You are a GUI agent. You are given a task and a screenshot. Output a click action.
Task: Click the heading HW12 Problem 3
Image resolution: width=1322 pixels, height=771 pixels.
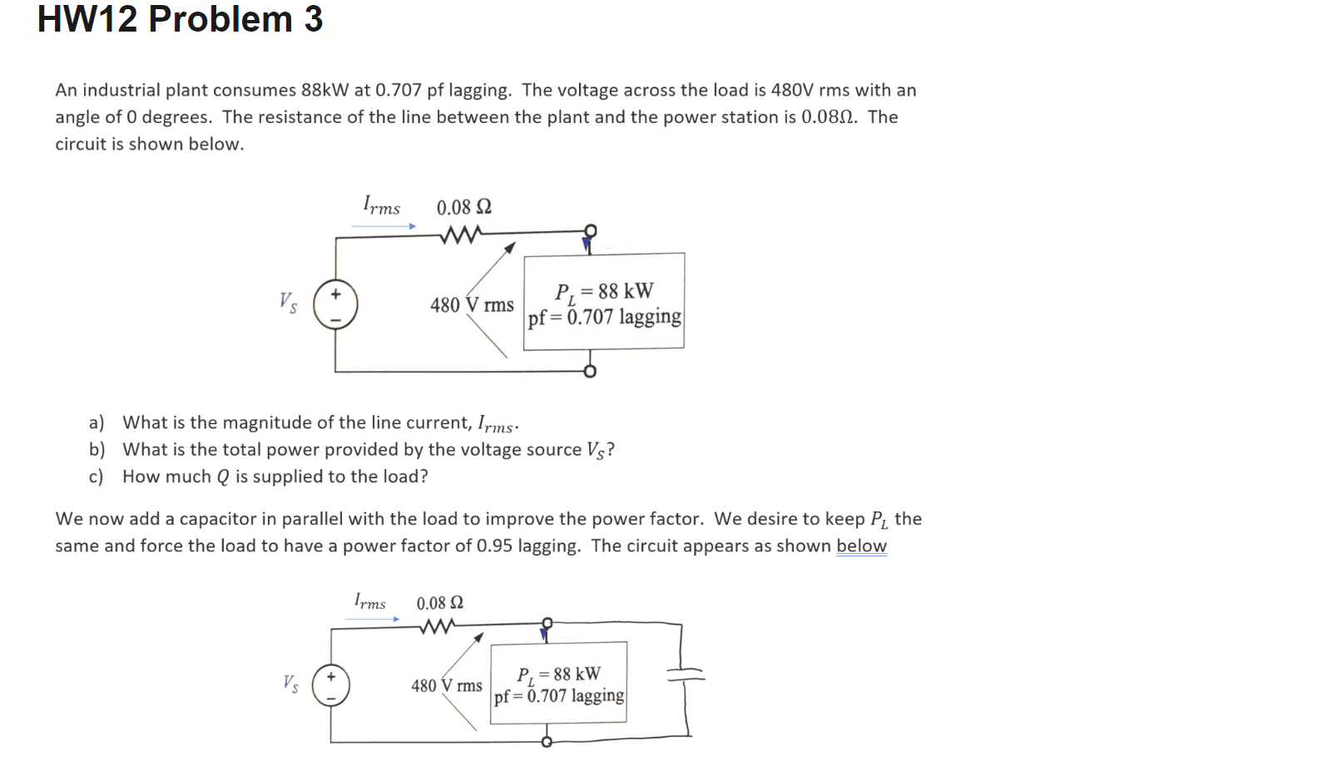click(180, 19)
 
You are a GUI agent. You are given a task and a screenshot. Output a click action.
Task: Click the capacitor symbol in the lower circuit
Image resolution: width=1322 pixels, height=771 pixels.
click(685, 677)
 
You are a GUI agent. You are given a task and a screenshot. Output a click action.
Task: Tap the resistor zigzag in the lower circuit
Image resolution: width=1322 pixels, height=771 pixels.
click(436, 627)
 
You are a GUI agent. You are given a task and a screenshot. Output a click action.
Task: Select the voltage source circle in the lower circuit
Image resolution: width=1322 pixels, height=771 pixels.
click(330, 687)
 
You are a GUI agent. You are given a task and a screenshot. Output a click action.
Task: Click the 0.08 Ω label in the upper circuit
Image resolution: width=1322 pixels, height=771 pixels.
click(463, 207)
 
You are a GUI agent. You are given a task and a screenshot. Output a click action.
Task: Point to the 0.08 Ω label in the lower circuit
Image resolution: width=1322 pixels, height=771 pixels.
click(440, 603)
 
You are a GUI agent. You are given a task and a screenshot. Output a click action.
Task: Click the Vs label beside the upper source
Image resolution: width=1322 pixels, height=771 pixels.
click(287, 302)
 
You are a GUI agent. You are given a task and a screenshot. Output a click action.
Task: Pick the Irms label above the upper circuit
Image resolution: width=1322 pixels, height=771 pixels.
click(381, 205)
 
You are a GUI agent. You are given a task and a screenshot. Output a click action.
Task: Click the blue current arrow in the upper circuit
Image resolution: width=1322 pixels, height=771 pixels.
click(384, 225)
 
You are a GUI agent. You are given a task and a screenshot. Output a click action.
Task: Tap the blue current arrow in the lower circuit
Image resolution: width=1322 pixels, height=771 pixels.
click(373, 618)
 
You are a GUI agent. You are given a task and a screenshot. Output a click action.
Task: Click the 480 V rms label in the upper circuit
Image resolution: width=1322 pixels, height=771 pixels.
click(472, 305)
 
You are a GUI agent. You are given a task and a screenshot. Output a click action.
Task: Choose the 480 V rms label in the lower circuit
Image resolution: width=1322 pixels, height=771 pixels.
click(446, 686)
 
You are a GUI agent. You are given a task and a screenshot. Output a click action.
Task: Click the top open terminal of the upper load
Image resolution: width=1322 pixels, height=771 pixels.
click(590, 230)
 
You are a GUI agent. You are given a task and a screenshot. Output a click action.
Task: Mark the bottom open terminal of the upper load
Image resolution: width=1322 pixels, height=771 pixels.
click(590, 372)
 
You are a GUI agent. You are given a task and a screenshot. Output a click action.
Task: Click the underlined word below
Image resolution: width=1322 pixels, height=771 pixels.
click(861, 546)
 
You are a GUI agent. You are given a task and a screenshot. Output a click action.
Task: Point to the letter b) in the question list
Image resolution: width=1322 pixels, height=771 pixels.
click(97, 450)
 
